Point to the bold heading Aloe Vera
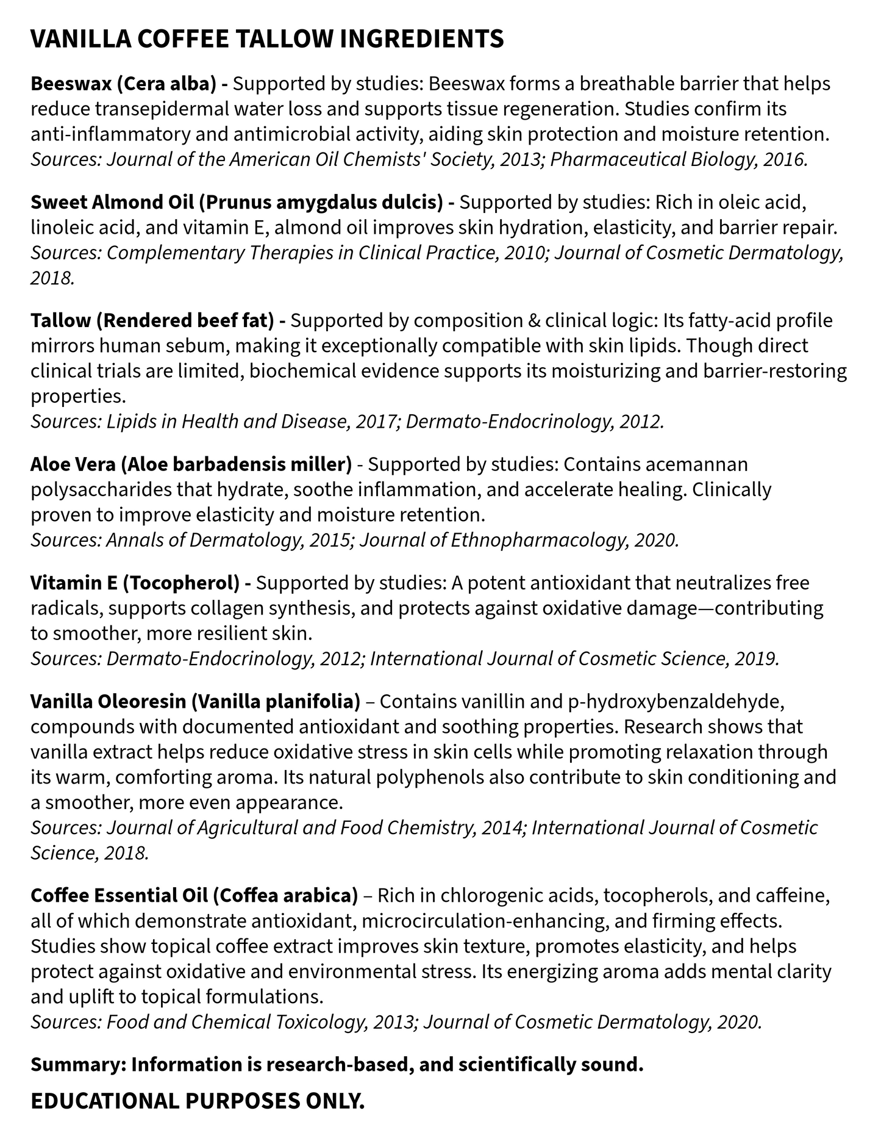(x=73, y=464)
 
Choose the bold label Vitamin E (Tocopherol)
(x=134, y=583)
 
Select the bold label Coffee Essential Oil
(x=119, y=896)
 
